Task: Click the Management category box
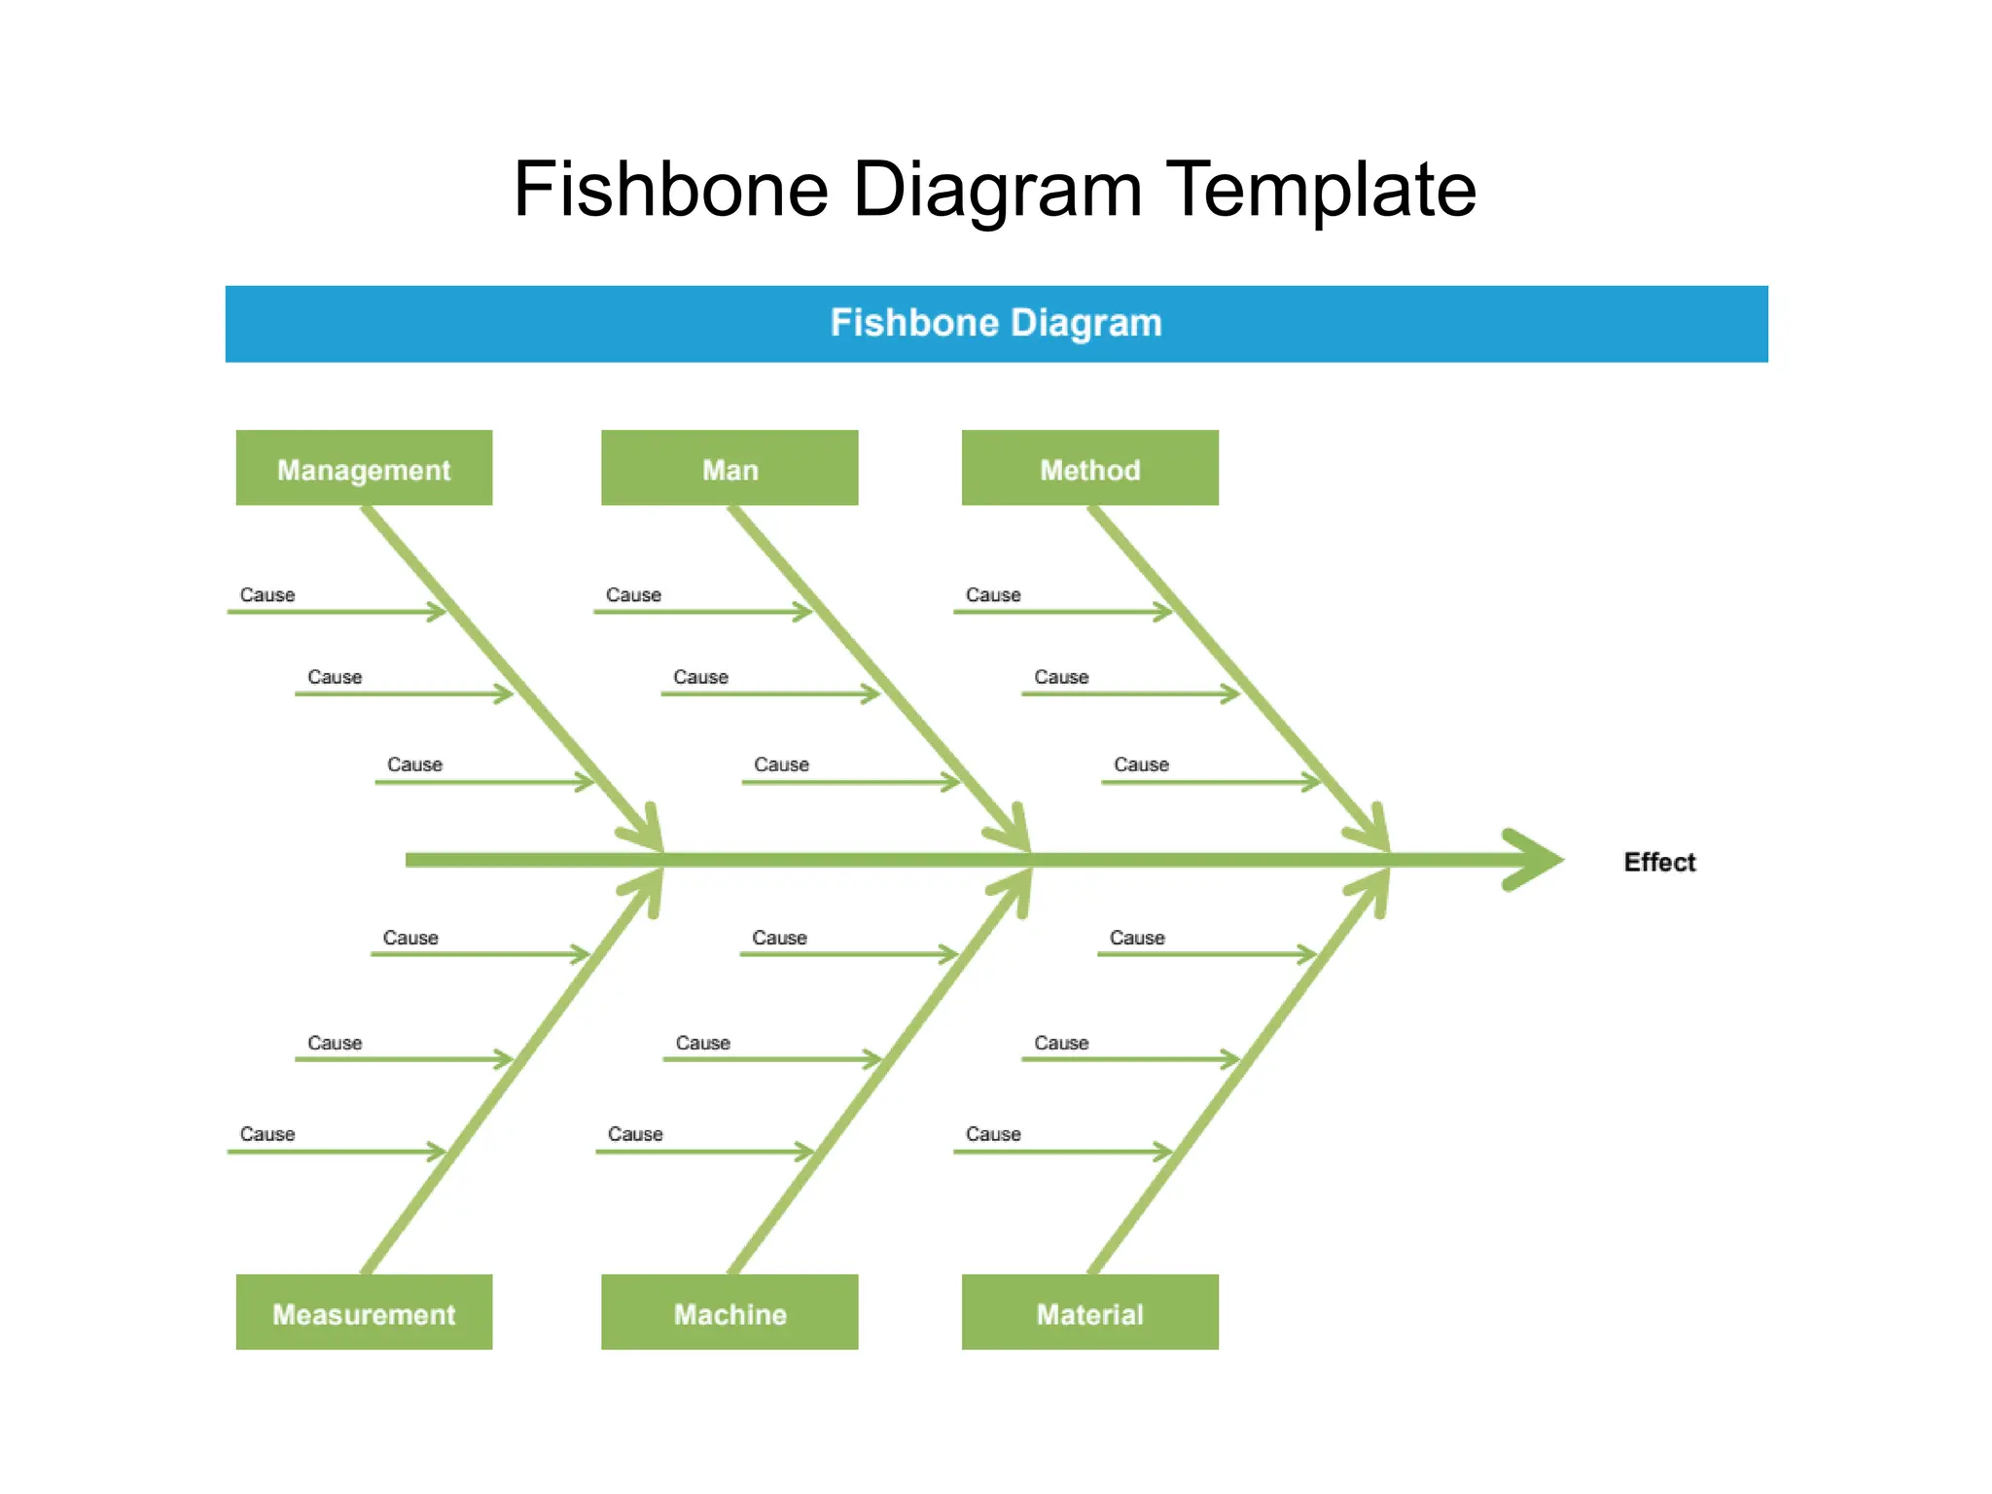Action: point(364,468)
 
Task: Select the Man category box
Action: point(729,468)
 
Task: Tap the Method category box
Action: point(1089,468)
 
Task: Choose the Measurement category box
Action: point(364,1312)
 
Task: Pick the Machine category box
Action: point(729,1312)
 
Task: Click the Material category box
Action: point(1089,1312)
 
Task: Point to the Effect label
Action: point(1659,862)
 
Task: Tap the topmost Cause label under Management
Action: point(267,594)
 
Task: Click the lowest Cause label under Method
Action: point(1141,765)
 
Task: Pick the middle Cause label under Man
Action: point(700,677)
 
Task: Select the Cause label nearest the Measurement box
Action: point(267,1134)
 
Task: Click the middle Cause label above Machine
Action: point(702,1043)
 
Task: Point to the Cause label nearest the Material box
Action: point(993,1134)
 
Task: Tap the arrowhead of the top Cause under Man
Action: point(803,612)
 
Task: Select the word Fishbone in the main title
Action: point(671,189)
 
